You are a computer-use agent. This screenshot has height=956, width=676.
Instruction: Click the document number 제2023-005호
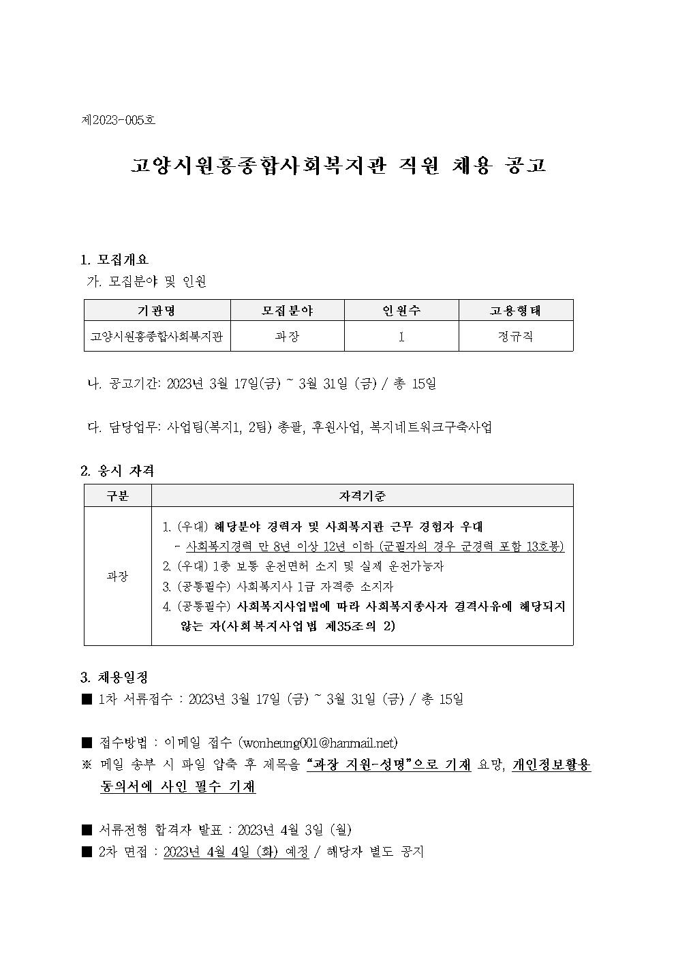click(118, 121)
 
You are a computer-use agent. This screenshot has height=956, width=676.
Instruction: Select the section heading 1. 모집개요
click(114, 260)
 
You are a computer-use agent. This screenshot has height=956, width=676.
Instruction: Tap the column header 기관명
click(157, 311)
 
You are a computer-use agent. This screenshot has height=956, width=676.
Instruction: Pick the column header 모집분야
click(287, 311)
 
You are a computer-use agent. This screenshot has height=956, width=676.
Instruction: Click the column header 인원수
click(401, 311)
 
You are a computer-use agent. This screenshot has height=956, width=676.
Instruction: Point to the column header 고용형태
click(515, 311)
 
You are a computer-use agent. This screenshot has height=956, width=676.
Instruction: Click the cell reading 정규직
click(515, 337)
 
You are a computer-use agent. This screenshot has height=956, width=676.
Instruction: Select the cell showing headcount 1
click(401, 337)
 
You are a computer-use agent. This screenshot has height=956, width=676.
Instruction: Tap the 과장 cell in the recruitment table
click(287, 337)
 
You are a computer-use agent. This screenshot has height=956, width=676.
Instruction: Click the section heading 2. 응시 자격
click(117, 471)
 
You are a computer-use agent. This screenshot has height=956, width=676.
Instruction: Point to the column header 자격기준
click(362, 496)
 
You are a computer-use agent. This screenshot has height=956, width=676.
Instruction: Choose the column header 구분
click(117, 496)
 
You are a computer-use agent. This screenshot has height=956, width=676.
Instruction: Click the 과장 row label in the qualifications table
click(117, 576)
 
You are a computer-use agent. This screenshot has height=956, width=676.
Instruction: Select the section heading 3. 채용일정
click(114, 677)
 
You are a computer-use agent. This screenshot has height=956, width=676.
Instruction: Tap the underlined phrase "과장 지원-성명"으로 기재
click(388, 765)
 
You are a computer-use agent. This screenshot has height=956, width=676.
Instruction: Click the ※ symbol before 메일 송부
click(87, 765)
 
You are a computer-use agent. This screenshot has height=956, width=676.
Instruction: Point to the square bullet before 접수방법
click(87, 743)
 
